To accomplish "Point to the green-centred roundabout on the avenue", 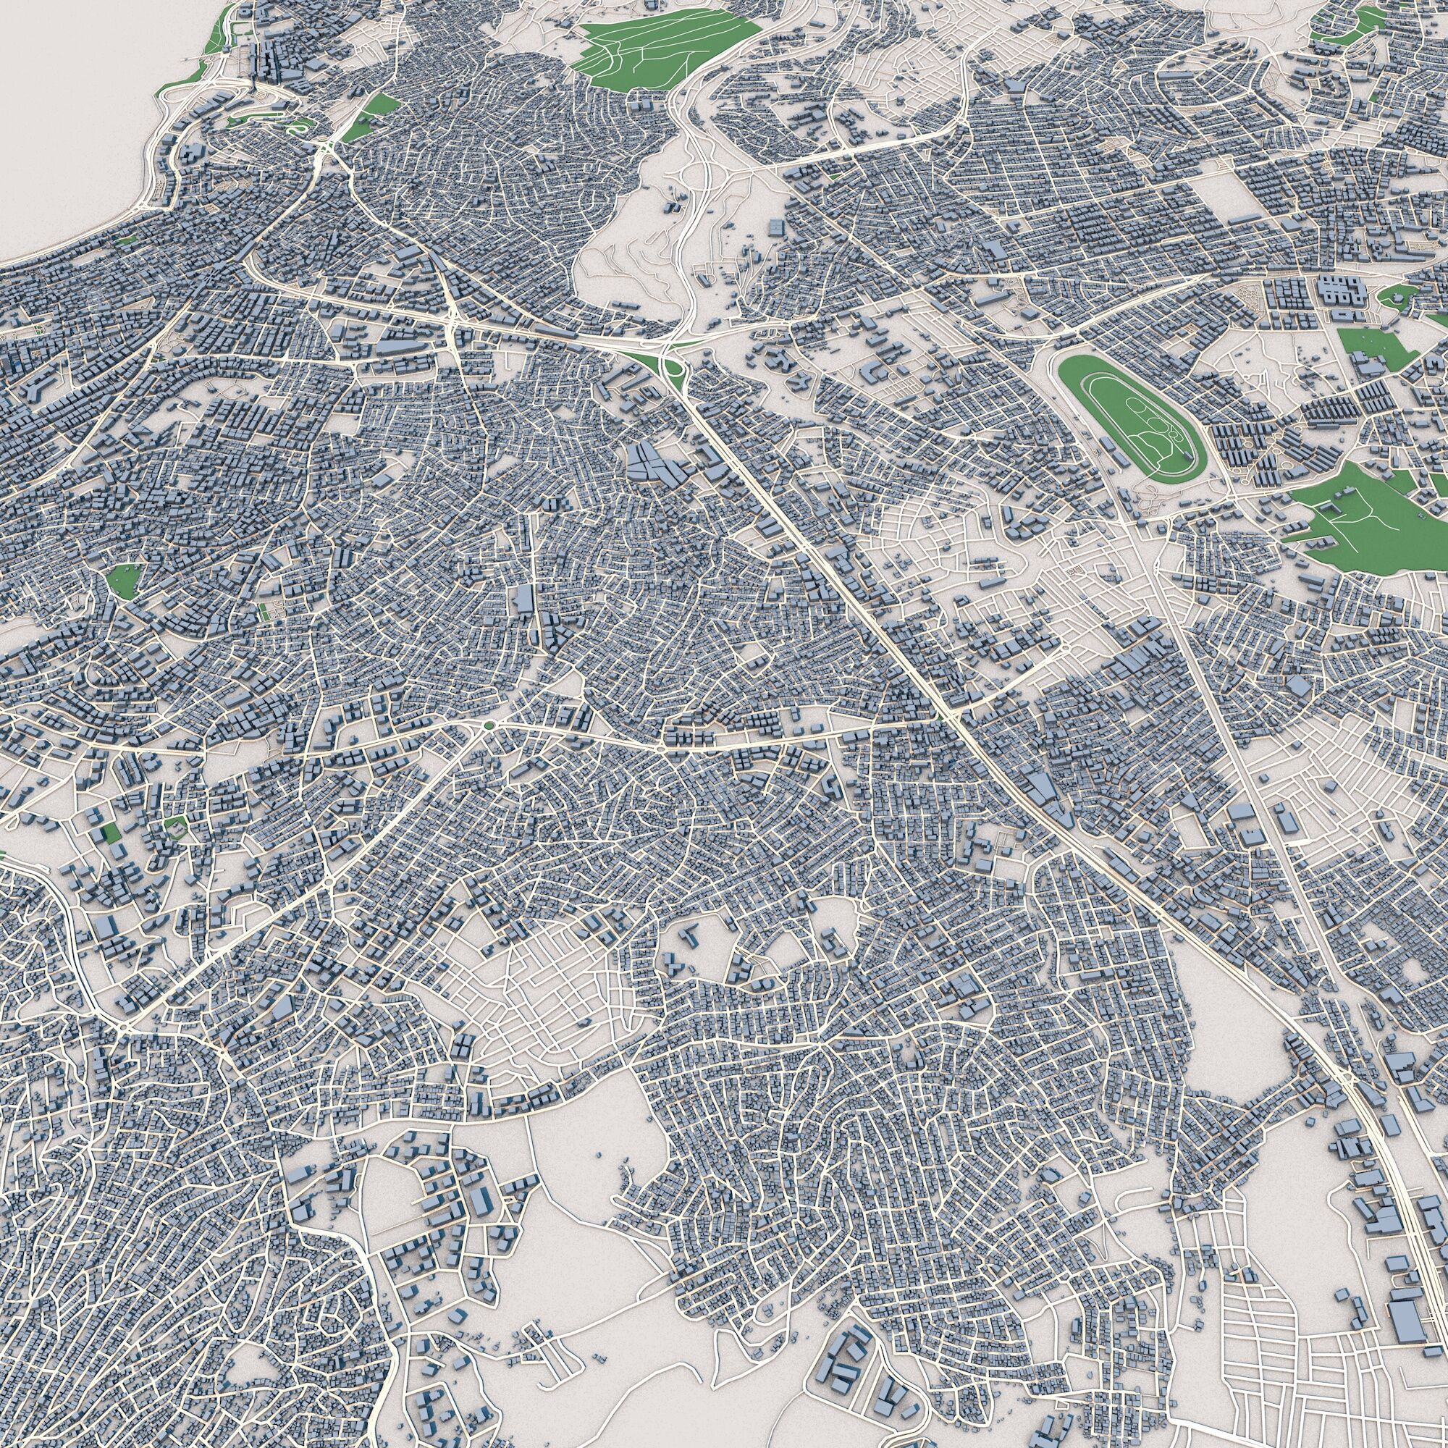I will pos(489,725).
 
